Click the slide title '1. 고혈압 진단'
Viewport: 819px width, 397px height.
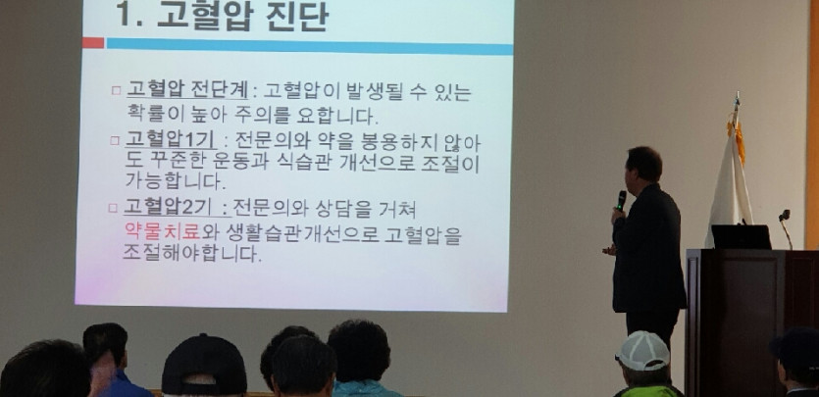[x=222, y=15]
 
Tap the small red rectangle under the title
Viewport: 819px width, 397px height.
[x=93, y=43]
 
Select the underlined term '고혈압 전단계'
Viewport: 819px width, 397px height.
[x=187, y=91]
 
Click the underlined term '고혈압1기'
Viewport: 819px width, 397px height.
[x=170, y=140]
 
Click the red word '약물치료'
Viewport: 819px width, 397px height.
[x=163, y=232]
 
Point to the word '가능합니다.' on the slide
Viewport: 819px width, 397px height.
[x=176, y=180]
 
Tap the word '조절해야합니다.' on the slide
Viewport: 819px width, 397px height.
[x=191, y=254]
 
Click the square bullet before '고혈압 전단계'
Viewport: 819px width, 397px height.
[x=116, y=91]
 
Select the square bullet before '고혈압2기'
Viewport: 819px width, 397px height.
[x=113, y=208]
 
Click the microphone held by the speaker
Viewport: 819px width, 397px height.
[x=621, y=200]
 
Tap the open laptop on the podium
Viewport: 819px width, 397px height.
[x=741, y=237]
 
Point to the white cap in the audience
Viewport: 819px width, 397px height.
[x=643, y=351]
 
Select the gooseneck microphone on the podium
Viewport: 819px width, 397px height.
[x=785, y=228]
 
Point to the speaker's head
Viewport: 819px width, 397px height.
[x=644, y=165]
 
